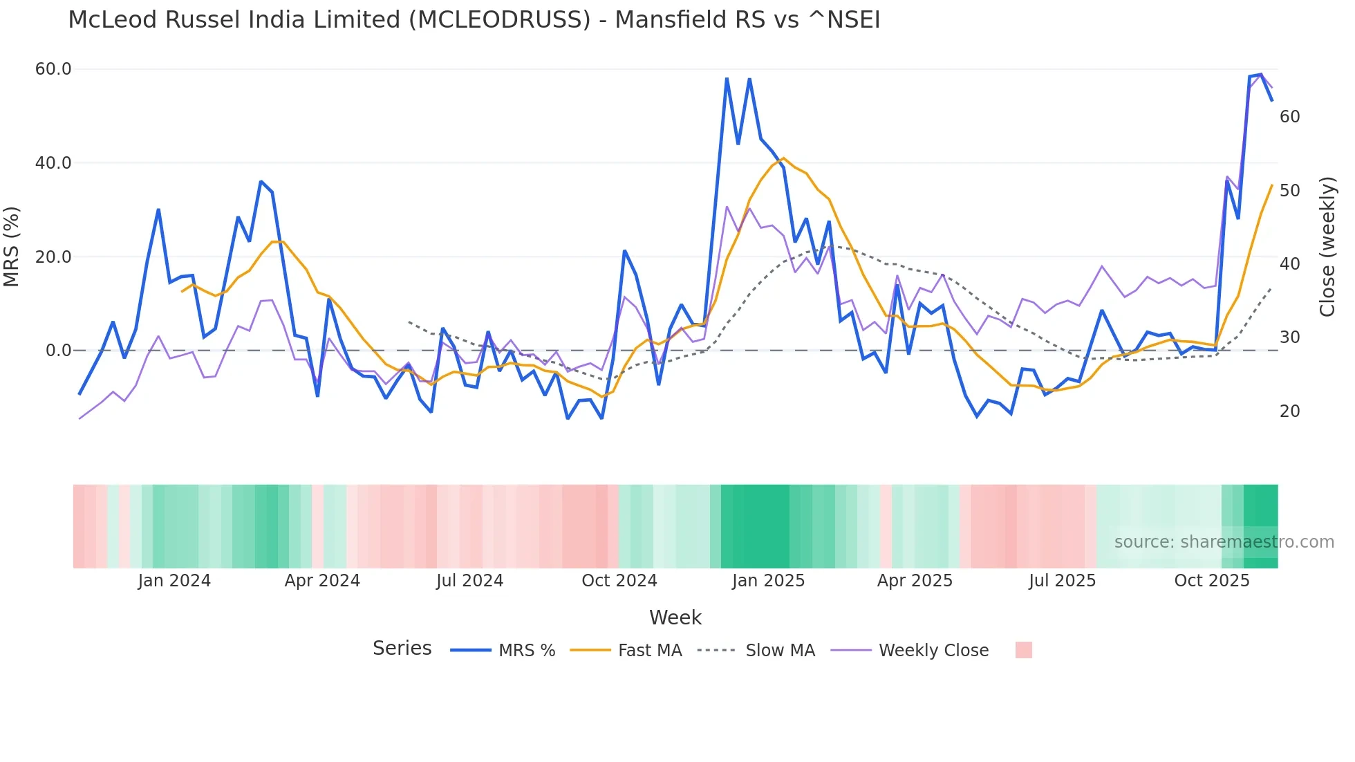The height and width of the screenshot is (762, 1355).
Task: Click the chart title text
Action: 474,19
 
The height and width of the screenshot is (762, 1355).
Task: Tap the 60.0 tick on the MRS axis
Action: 53,69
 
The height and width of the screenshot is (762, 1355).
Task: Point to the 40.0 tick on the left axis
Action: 53,163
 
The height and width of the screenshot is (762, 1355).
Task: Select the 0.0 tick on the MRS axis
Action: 58,351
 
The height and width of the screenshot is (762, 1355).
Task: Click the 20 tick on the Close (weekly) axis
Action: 1289,411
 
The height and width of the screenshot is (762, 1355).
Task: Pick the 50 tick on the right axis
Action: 1289,191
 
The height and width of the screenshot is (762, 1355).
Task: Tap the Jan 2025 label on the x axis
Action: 768,581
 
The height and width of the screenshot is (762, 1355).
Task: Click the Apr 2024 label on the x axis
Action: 322,581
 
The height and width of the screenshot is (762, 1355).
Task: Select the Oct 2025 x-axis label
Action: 1211,581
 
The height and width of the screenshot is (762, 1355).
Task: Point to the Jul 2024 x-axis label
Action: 469,581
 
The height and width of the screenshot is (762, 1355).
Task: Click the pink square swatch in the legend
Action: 1023,650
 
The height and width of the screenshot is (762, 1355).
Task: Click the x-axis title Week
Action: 675,617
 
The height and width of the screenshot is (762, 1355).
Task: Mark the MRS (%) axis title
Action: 11,246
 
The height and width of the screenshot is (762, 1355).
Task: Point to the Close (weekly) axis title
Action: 1327,246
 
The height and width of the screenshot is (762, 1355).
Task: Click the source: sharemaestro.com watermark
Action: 1224,542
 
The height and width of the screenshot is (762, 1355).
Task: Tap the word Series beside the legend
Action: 402,649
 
